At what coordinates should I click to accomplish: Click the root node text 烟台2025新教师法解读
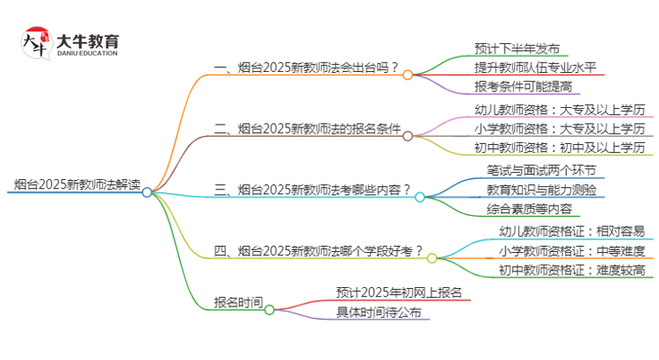[x=77, y=184]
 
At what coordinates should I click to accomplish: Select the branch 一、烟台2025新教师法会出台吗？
[x=307, y=68]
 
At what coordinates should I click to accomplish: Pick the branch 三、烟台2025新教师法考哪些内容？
[x=313, y=189]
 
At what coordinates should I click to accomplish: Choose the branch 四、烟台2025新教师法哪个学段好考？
[x=319, y=250]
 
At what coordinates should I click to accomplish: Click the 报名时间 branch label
[x=238, y=301]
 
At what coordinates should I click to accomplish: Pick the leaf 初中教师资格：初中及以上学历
[x=560, y=147]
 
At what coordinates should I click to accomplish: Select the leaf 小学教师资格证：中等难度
[x=572, y=250]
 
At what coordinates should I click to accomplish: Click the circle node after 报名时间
[x=270, y=309]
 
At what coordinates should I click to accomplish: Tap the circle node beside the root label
[x=147, y=191]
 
